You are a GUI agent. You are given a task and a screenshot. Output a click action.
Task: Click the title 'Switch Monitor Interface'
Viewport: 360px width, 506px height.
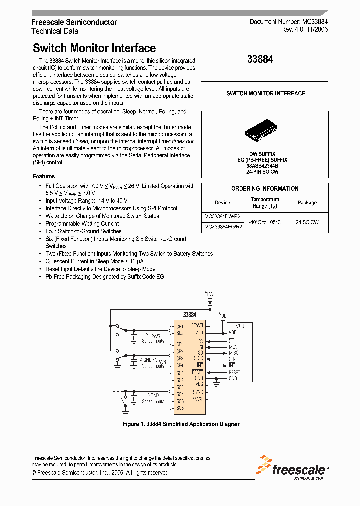[94, 48]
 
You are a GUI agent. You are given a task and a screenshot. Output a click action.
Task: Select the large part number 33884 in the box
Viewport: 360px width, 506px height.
[260, 59]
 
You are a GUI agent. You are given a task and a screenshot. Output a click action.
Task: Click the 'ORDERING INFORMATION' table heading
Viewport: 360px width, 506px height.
[265, 189]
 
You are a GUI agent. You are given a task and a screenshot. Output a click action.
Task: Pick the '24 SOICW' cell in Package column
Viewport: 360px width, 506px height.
[307, 222]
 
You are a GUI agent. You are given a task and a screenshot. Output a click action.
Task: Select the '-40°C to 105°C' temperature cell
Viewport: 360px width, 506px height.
[265, 222]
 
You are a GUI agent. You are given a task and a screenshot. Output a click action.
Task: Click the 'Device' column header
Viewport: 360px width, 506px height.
[222, 203]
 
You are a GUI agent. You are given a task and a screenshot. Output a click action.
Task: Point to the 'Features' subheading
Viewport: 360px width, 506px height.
[44, 176]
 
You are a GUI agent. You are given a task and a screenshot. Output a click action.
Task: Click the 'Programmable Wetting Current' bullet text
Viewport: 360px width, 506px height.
[82, 224]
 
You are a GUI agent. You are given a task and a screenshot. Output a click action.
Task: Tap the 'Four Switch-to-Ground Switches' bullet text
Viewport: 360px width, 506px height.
[83, 231]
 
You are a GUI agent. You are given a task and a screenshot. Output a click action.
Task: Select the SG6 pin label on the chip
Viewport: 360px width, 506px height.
[180, 408]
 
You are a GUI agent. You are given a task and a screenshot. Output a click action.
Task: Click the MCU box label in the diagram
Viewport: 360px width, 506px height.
[239, 325]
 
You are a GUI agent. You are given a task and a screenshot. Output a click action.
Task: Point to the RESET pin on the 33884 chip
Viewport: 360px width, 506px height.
[198, 372]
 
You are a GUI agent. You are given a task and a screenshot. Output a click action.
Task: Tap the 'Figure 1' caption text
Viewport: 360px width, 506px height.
[182, 424]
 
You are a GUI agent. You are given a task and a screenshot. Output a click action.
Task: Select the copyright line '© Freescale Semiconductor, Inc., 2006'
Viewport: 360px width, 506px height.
[101, 473]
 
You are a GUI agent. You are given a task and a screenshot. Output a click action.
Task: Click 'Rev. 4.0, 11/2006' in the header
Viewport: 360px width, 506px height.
[304, 30]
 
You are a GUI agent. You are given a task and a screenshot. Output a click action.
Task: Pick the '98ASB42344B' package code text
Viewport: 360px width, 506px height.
[262, 166]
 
